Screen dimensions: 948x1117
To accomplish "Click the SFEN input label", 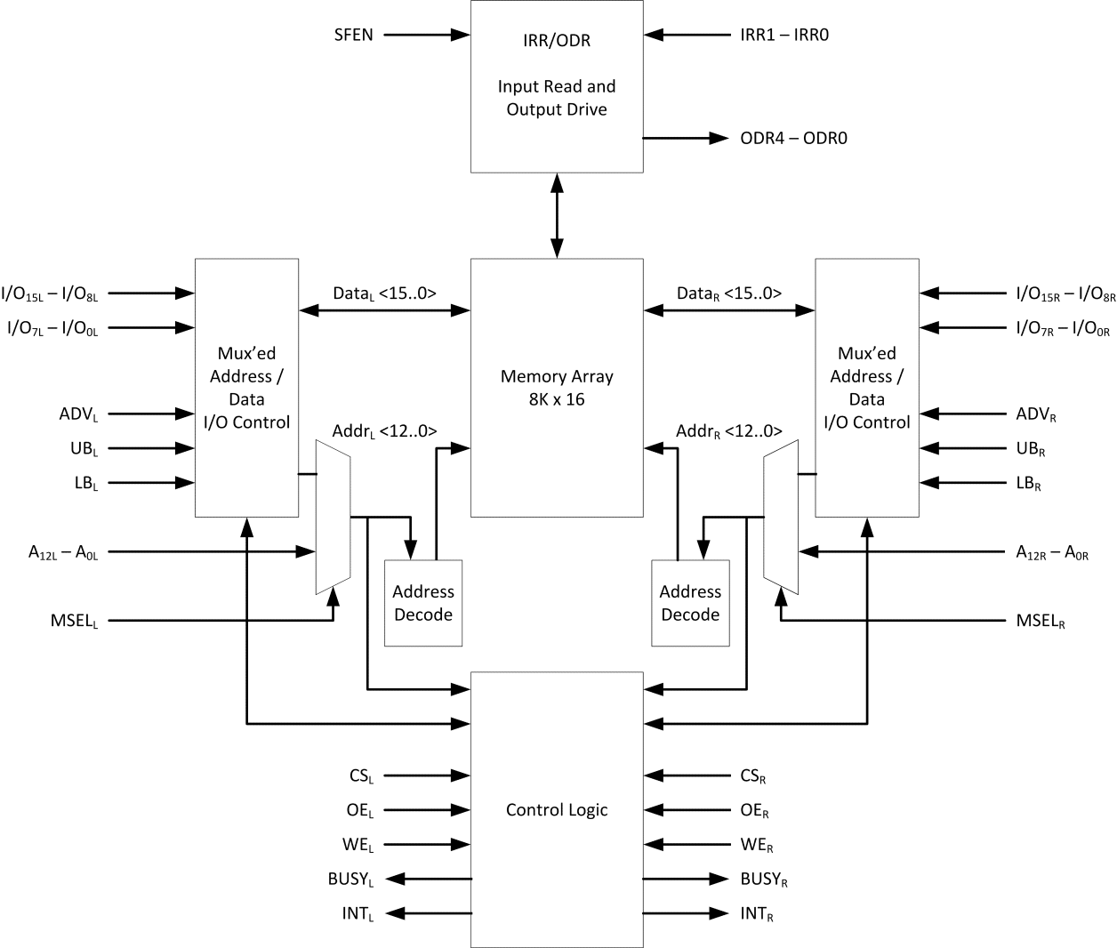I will coord(353,36).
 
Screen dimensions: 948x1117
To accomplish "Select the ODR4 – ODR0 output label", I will coord(793,139).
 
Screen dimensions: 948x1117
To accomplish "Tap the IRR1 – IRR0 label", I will coord(784,36).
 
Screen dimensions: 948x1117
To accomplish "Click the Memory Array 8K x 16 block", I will coord(557,388).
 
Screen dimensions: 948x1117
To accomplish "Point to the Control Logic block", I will coord(557,809).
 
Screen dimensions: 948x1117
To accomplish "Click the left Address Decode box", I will coord(423,603).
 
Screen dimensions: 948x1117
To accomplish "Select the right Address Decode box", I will coord(690,603).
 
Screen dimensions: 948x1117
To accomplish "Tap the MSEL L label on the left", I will coord(74,621).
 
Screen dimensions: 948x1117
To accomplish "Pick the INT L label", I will coord(358,914).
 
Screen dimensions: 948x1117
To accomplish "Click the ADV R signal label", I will coord(1036,414).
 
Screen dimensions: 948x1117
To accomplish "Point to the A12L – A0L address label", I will coord(63,553).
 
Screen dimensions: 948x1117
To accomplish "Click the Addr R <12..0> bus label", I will coord(728,431).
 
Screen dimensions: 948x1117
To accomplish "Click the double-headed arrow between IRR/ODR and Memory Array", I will coord(557,215).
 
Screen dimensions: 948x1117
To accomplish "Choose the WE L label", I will coord(358,846).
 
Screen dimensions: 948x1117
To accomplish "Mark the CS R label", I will coord(753,776).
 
